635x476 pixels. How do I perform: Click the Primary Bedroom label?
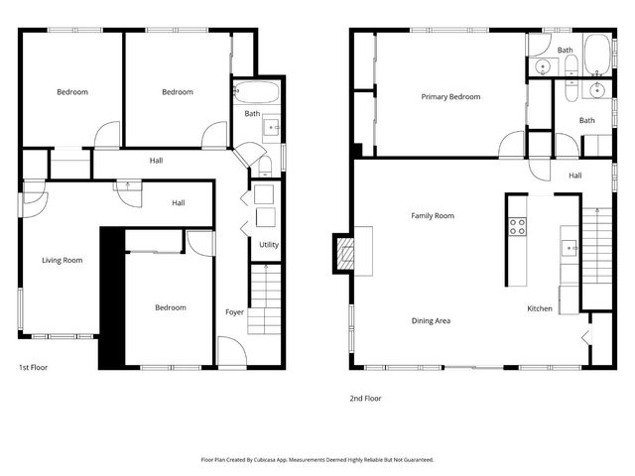tap(450, 97)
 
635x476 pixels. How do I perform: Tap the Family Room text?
tap(433, 215)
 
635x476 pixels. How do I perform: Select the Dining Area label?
tap(432, 320)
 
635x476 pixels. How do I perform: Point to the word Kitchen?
tap(540, 308)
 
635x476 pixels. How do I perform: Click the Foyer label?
tap(234, 312)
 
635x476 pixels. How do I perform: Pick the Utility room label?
tap(269, 244)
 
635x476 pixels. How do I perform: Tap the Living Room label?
tap(63, 261)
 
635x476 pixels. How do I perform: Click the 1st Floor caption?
tap(33, 367)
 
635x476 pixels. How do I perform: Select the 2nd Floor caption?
tap(365, 398)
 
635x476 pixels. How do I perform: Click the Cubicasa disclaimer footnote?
tap(317, 459)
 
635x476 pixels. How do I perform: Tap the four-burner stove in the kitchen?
tap(517, 226)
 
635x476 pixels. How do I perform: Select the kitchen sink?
tap(569, 248)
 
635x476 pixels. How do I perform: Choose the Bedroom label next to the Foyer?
tap(170, 307)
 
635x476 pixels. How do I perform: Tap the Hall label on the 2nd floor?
tap(575, 176)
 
